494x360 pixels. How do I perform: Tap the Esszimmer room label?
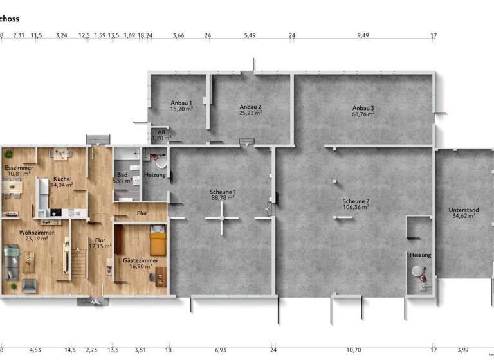[15, 167]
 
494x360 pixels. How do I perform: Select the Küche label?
[62, 179]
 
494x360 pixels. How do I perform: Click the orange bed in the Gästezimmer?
[158, 244]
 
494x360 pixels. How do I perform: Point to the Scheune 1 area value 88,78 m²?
[223, 198]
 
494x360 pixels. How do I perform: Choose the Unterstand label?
[463, 210]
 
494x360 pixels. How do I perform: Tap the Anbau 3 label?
[363, 107]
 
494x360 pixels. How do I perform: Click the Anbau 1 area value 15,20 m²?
[181, 109]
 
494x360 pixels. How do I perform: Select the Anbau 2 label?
[250, 107]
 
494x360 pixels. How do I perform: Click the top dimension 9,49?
[363, 35]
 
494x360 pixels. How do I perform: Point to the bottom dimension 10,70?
[354, 350]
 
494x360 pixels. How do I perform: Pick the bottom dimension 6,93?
[221, 350]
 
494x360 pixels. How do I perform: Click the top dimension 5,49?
[250, 35]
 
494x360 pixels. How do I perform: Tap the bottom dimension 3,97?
[463, 350]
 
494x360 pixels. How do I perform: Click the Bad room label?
[122, 174]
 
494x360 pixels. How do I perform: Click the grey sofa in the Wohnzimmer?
[11, 260]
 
